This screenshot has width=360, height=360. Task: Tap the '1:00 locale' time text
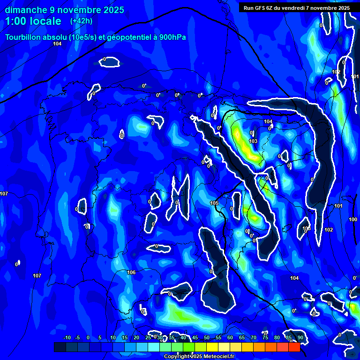[33, 21]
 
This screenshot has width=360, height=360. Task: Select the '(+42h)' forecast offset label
[81, 21]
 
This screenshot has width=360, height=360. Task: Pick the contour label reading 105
[214, 203]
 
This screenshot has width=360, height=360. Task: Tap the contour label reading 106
[131, 272]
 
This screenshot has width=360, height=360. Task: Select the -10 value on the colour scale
[67, 338]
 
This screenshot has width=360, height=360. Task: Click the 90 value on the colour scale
[300, 338]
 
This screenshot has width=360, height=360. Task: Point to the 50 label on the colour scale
[207, 338]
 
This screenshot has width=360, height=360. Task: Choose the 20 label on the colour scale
[136, 338]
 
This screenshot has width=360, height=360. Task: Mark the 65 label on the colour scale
[242, 338]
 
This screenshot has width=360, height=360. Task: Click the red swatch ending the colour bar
[294, 347]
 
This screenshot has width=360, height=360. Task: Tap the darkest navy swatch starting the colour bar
[60, 347]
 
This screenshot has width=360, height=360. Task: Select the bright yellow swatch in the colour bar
[212, 347]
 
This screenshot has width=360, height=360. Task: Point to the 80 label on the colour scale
[277, 338]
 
